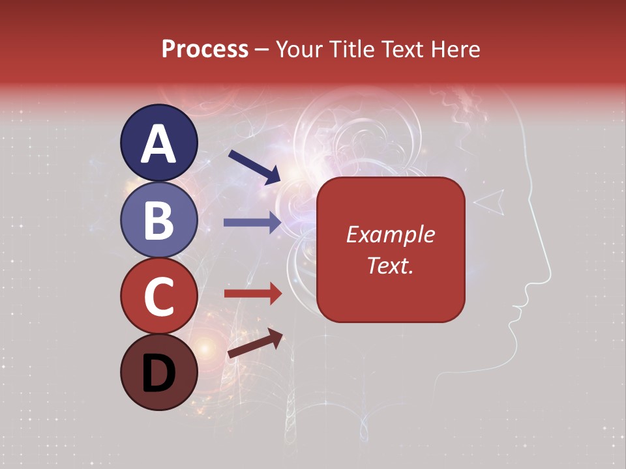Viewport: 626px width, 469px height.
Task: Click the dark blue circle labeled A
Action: (158, 143)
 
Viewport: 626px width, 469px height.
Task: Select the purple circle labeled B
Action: (158, 220)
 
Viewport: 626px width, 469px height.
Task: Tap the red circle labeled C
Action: (158, 296)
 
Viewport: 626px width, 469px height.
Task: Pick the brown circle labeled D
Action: (158, 372)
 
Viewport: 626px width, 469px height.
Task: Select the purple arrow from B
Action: (252, 222)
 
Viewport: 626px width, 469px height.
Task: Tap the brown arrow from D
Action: (255, 343)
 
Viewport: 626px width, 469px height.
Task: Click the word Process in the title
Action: (205, 49)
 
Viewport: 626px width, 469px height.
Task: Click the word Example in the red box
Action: (390, 234)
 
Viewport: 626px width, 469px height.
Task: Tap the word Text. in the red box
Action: (390, 265)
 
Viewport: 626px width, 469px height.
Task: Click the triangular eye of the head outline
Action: (490, 202)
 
